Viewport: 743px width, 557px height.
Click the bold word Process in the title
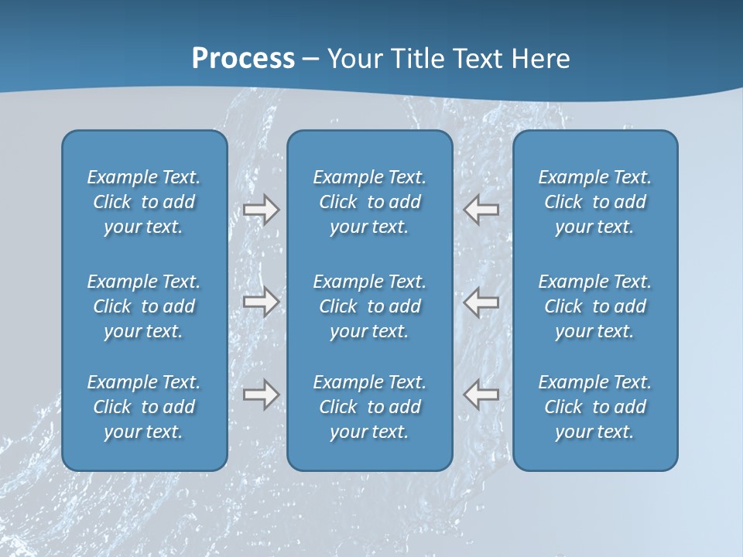(243, 59)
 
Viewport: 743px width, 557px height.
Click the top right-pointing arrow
(261, 209)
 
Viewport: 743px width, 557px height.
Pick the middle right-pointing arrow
(261, 301)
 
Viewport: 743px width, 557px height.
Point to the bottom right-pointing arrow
(261, 394)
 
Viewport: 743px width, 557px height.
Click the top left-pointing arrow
(481, 209)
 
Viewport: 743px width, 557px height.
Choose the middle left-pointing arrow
(481, 301)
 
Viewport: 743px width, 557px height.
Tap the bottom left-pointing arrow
(481, 394)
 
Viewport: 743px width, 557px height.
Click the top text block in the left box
(144, 202)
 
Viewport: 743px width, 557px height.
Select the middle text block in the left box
(144, 306)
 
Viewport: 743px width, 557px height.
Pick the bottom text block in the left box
(144, 407)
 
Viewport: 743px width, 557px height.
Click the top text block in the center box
(369, 202)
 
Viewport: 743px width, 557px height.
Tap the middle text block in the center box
(369, 306)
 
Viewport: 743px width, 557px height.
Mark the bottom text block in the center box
(369, 407)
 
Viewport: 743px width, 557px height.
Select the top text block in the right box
(594, 202)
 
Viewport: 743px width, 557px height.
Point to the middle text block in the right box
(594, 306)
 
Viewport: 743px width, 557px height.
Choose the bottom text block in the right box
(594, 407)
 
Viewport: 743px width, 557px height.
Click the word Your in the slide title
(355, 59)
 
